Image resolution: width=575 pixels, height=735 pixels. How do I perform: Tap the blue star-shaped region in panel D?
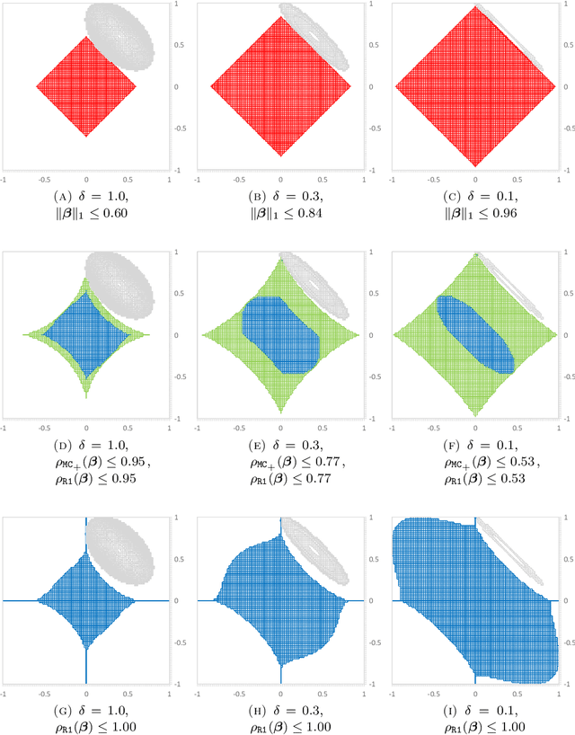click(x=85, y=334)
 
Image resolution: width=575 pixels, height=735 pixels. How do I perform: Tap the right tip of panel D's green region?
click(x=150, y=334)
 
